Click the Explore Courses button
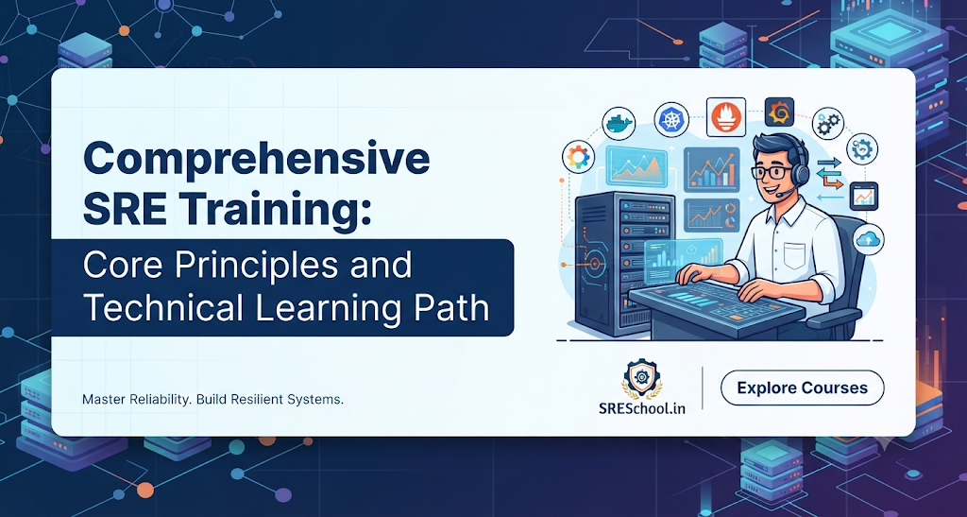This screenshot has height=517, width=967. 803,388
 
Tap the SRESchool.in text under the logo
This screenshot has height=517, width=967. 641,407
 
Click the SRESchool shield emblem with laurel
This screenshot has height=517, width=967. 641,378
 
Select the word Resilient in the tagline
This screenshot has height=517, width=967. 259,400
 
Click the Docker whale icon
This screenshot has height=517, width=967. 618,124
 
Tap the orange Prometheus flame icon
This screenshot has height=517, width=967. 726,116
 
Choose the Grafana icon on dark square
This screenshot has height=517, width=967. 779,112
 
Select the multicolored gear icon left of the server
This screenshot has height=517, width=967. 579,157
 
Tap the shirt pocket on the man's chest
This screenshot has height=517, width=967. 794,255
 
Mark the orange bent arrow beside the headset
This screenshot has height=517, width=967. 829,181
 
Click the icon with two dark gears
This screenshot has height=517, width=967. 828,123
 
